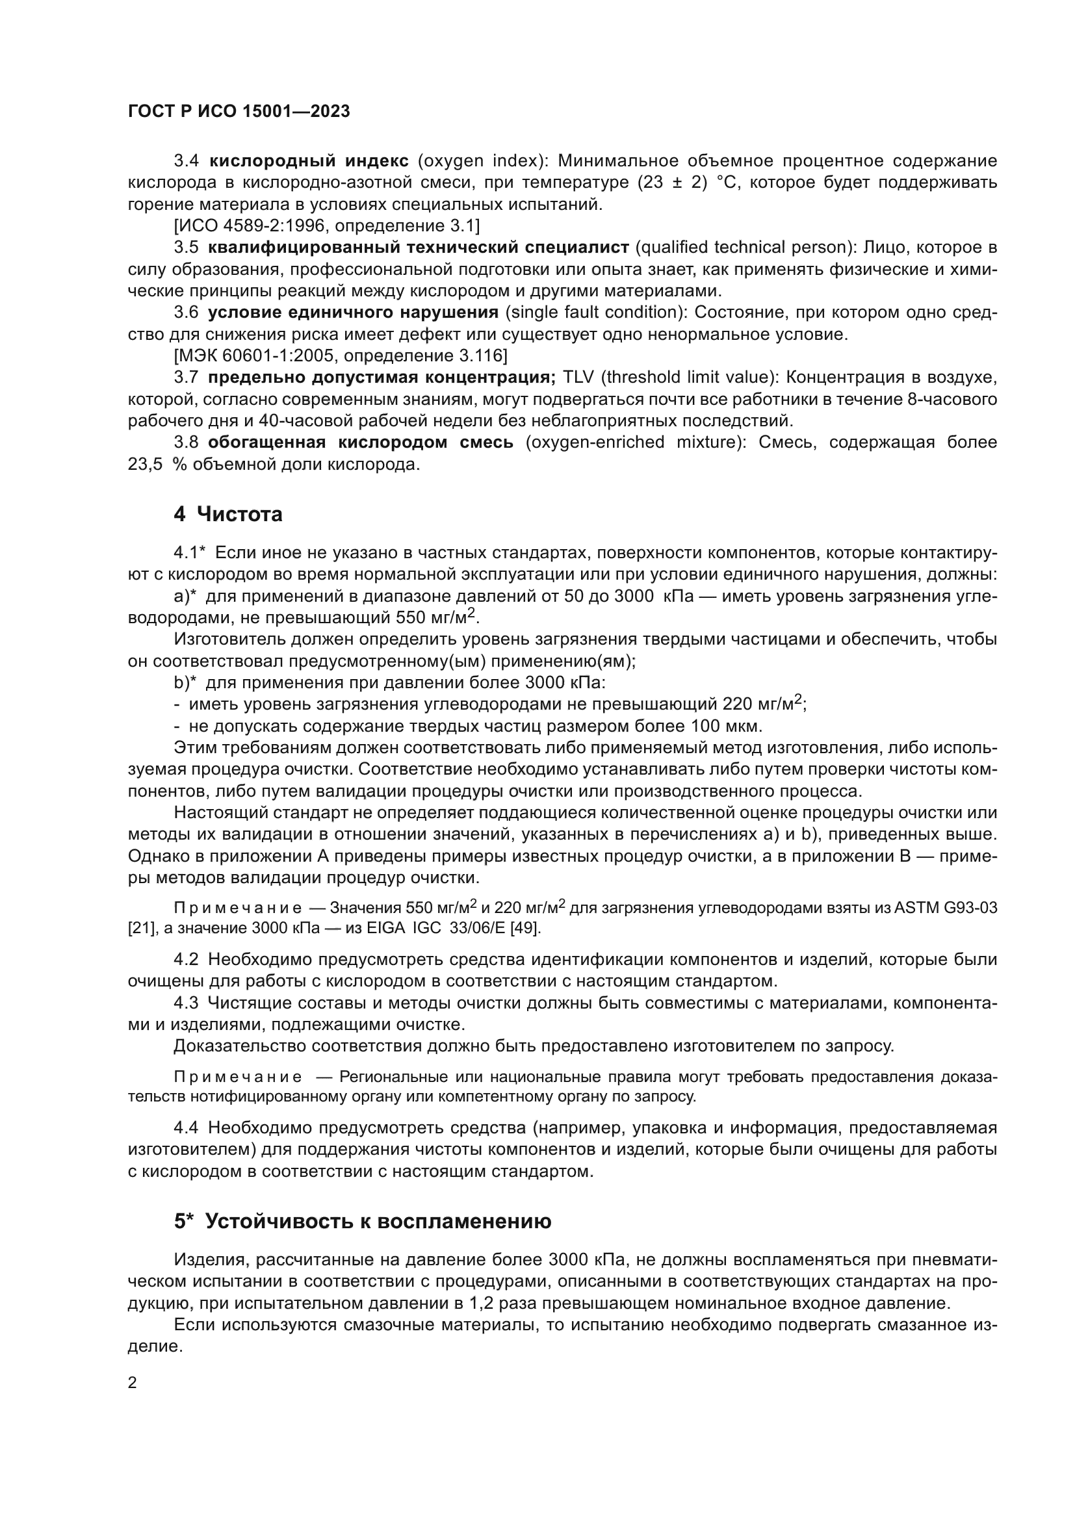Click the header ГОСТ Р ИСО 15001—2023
click(239, 111)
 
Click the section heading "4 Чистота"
click(227, 514)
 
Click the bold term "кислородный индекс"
click(309, 161)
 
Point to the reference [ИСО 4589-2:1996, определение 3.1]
click(326, 225)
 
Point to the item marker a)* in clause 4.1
click(185, 597)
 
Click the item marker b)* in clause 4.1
click(185, 682)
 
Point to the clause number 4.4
click(186, 1127)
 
